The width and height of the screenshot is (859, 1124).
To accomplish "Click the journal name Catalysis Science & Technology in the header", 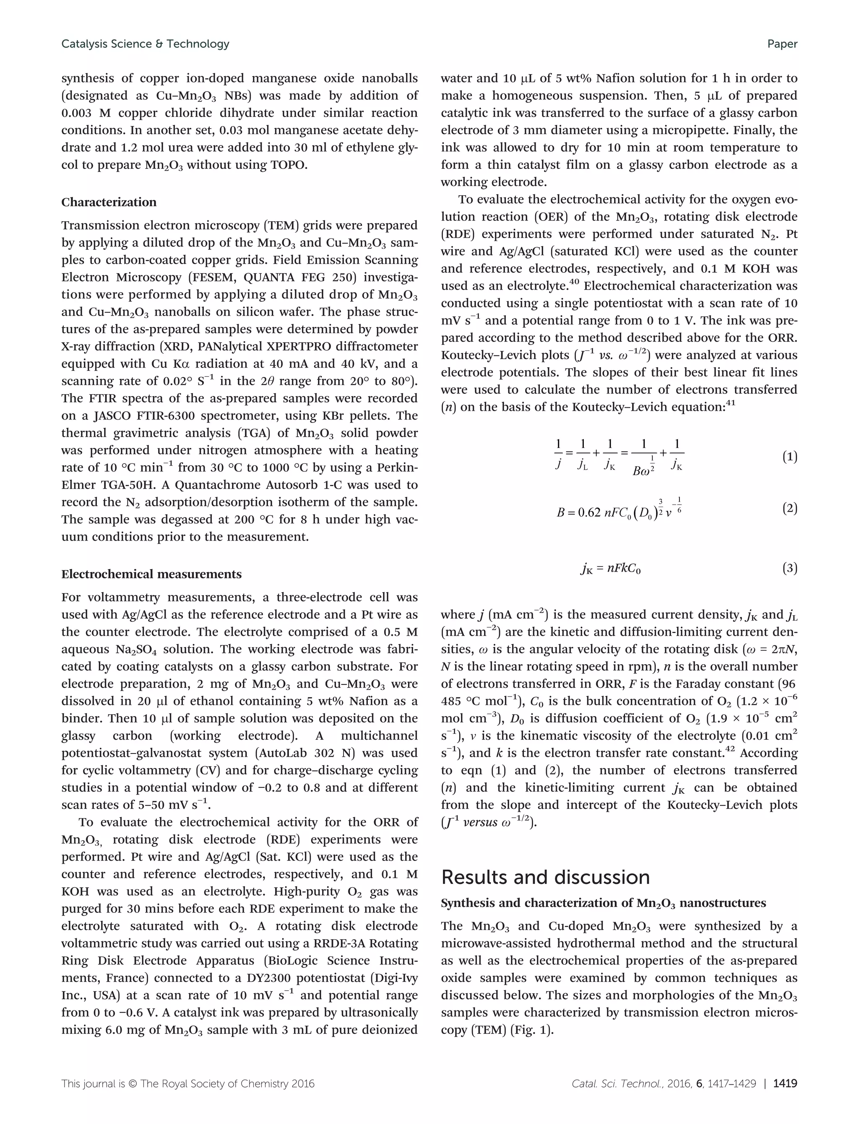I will (x=145, y=44).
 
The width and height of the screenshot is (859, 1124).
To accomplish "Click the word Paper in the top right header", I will (x=782, y=44).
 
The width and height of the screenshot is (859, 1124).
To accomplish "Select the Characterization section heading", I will (x=109, y=202).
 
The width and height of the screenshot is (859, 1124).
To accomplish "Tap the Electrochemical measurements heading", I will (x=151, y=574).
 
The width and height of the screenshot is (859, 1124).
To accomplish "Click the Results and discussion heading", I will (x=545, y=877).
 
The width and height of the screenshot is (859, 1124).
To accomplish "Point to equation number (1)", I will (x=789, y=457).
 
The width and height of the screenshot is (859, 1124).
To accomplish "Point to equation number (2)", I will (x=789, y=508).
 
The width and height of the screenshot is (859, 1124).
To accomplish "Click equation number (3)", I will (x=789, y=568).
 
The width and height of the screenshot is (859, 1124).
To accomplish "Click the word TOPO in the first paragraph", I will (x=286, y=165).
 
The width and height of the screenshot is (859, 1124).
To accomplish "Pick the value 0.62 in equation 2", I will (x=589, y=513).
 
